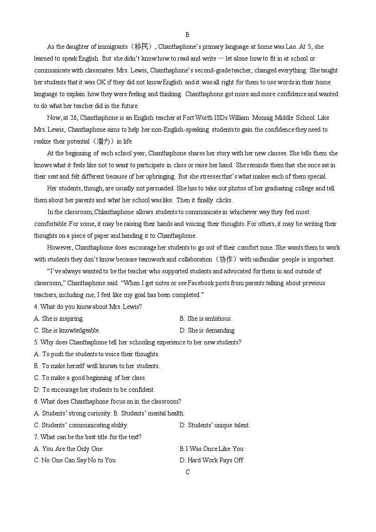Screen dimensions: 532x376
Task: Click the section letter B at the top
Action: tap(188, 35)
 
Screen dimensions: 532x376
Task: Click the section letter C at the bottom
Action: tap(188, 472)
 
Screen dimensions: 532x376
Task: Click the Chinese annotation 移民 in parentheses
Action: tap(143, 46)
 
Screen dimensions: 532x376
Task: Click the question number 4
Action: tap(36, 307)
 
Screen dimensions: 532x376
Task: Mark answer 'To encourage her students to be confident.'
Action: tap(98, 389)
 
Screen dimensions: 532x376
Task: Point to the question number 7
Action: tap(36, 437)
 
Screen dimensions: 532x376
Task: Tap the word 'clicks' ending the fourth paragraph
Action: tap(224, 200)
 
